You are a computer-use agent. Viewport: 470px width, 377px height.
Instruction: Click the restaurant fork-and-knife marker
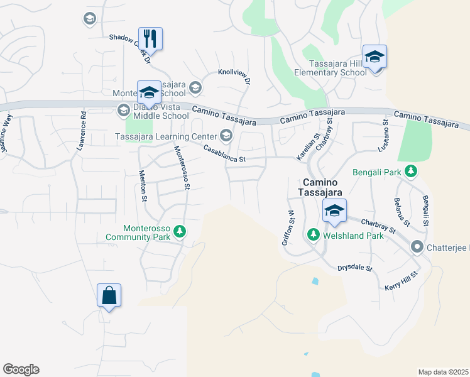pos(150,38)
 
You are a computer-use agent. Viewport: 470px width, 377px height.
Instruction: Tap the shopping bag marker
pos(109,295)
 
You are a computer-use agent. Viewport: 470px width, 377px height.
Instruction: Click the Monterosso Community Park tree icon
pos(180,232)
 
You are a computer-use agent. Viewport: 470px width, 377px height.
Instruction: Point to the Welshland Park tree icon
pos(313,234)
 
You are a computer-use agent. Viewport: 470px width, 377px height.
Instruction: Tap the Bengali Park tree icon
pos(411,170)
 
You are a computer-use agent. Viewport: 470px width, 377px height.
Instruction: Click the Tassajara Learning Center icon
pos(225,136)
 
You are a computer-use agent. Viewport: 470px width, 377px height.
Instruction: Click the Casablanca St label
pos(224,154)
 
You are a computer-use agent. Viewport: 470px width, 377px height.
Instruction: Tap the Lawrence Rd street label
pos(82,131)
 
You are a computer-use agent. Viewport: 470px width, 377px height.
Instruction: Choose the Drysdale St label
pos(355,268)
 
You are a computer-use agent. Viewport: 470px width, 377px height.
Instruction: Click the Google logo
pos(21,369)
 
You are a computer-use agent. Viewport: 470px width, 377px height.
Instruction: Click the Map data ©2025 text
pos(443,372)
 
